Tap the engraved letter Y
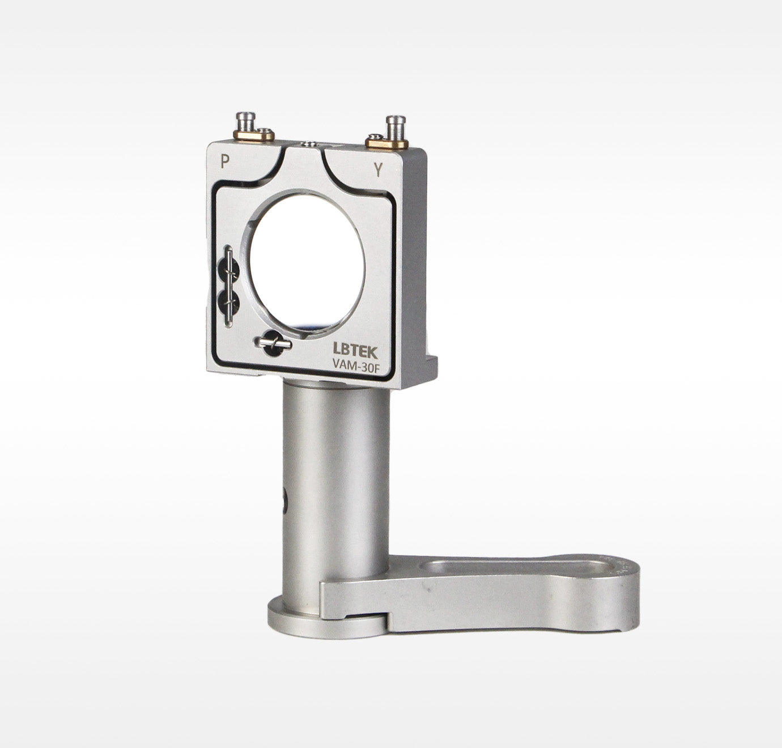[x=378, y=170]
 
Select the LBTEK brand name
[x=355, y=352]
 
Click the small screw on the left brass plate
[x=264, y=131]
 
